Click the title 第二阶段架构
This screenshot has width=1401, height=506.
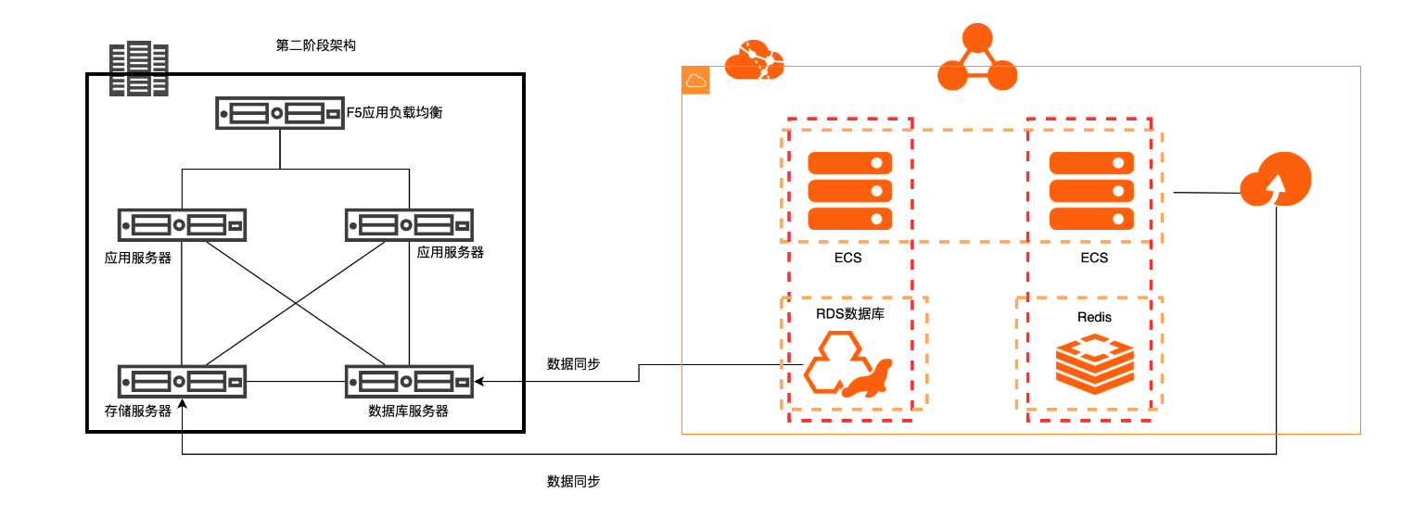tap(316, 45)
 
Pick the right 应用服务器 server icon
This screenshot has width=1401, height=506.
tap(410, 225)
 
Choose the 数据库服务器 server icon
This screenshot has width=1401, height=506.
tap(410, 381)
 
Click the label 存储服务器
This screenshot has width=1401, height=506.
tap(138, 411)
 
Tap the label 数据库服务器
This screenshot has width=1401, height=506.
tap(409, 411)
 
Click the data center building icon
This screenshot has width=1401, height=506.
tap(139, 70)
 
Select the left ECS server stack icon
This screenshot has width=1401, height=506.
tap(849, 191)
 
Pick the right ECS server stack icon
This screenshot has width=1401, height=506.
tap(1091, 191)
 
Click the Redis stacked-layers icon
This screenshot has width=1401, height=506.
tap(1095, 366)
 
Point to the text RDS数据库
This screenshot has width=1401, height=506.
tap(849, 314)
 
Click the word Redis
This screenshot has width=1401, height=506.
tap(1094, 317)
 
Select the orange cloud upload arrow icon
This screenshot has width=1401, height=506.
tap(1276, 183)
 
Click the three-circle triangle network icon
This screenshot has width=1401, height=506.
tap(976, 60)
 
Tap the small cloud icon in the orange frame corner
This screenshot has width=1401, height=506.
tap(695, 81)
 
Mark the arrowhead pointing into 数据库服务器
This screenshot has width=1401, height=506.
tap(479, 381)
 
